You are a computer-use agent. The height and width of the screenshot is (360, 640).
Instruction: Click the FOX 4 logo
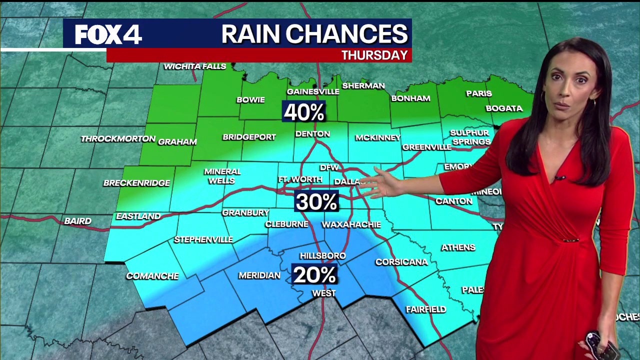(x=108, y=34)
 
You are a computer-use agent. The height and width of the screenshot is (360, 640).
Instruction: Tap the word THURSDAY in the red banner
(x=374, y=55)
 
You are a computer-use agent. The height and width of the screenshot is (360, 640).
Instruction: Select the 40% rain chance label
(x=304, y=112)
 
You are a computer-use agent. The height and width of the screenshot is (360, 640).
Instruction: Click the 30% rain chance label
(x=316, y=202)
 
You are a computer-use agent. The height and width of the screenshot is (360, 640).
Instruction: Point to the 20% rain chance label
(x=314, y=275)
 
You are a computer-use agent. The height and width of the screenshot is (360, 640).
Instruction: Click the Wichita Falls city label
(x=195, y=66)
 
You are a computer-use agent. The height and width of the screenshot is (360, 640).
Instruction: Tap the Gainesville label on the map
(x=313, y=92)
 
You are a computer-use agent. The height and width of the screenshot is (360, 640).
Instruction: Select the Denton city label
(x=312, y=134)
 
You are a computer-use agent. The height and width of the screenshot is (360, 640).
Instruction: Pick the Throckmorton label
(x=118, y=139)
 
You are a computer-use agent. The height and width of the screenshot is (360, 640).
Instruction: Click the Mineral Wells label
(x=222, y=176)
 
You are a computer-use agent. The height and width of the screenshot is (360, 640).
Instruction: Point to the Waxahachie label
(x=351, y=224)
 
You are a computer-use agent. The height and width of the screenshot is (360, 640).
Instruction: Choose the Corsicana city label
(x=401, y=262)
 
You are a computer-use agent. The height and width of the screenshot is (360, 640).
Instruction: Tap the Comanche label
(x=152, y=276)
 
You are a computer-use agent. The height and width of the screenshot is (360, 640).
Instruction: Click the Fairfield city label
(x=426, y=309)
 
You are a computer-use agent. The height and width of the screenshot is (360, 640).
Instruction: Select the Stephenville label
(x=203, y=240)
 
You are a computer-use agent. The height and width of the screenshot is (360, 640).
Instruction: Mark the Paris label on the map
(x=479, y=93)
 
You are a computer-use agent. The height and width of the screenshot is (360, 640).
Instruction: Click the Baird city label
(x=77, y=221)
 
